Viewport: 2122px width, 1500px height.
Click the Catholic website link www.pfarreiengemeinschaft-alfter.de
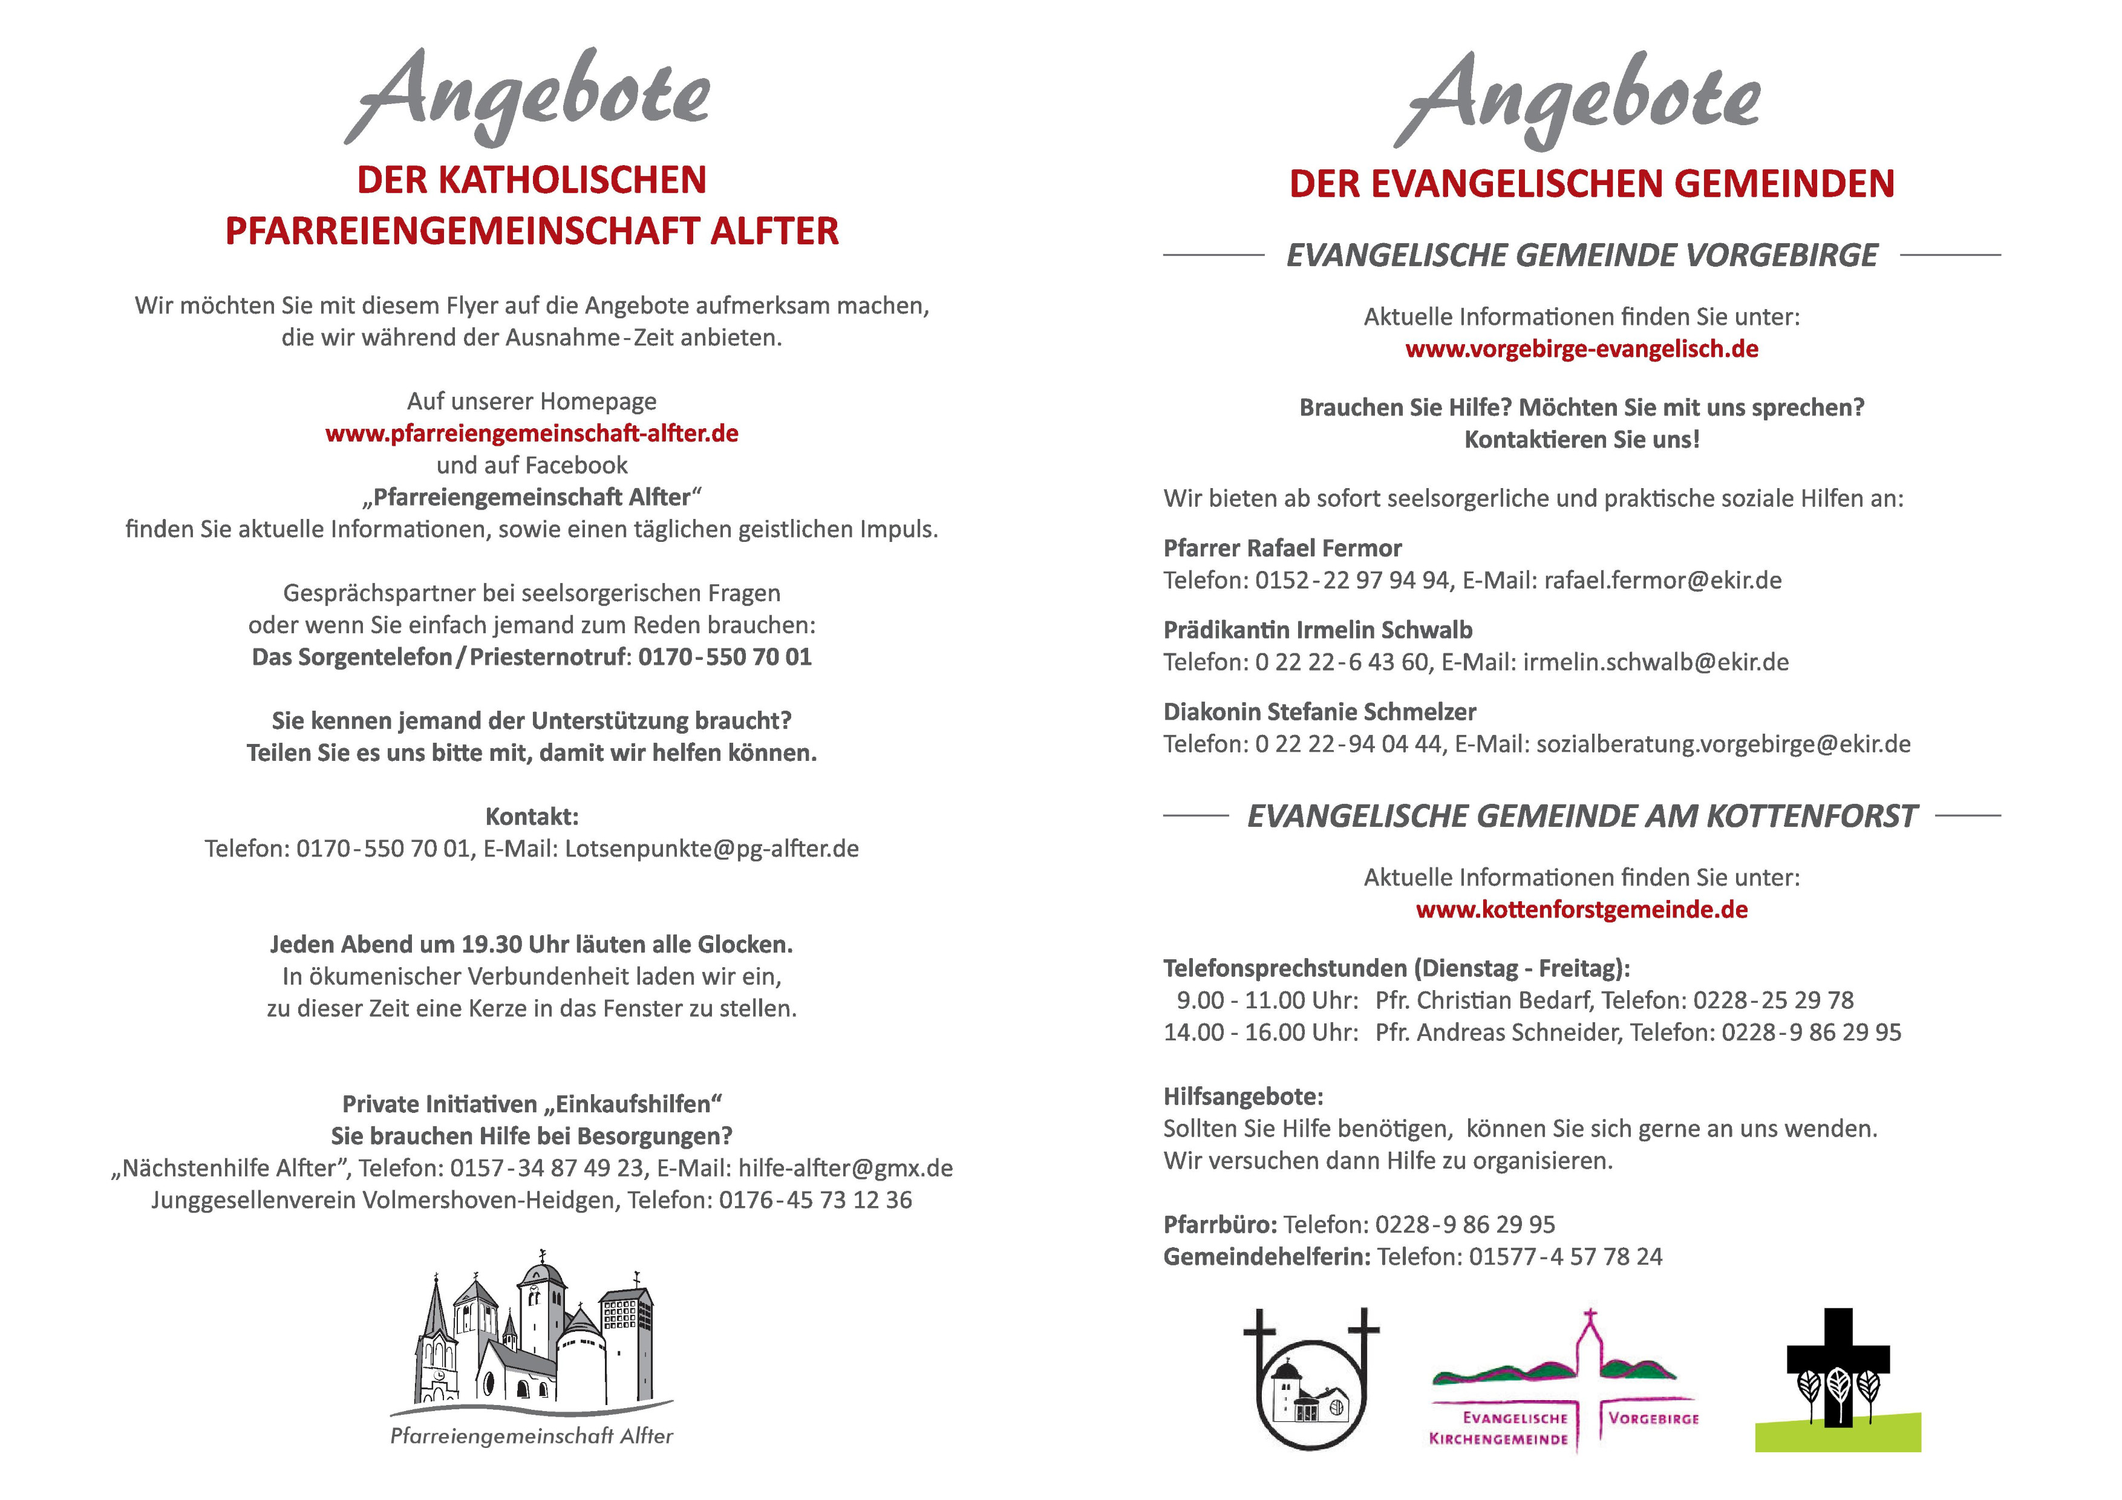tap(532, 434)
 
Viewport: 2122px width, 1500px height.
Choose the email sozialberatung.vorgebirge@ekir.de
tap(1723, 744)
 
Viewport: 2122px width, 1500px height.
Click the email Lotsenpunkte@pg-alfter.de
tap(711, 849)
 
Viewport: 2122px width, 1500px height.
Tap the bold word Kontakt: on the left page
tap(532, 817)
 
